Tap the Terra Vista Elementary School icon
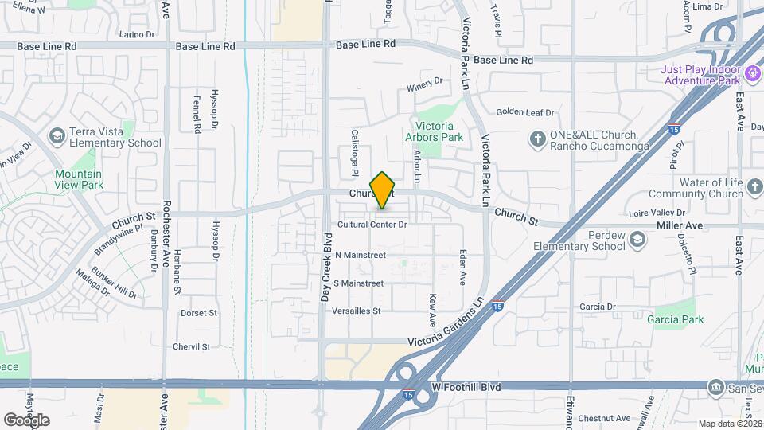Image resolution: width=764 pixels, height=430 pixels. coord(57,137)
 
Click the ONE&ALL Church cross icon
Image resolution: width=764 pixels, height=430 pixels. coord(538,139)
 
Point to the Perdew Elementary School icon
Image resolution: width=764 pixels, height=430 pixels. coord(637,240)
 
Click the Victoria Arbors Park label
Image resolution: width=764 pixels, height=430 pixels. coord(435,131)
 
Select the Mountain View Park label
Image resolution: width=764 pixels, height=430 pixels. coord(79,179)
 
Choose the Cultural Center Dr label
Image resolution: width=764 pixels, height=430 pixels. coord(372,225)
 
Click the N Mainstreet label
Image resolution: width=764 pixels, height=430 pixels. coord(360,255)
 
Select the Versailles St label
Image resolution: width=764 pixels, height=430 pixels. coord(357,310)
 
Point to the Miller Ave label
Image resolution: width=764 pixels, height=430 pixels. coord(680,225)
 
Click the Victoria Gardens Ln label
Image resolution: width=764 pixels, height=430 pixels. coord(446,324)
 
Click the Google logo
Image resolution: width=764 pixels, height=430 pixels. coord(27,420)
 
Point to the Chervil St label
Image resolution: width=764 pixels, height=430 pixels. coord(191,346)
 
